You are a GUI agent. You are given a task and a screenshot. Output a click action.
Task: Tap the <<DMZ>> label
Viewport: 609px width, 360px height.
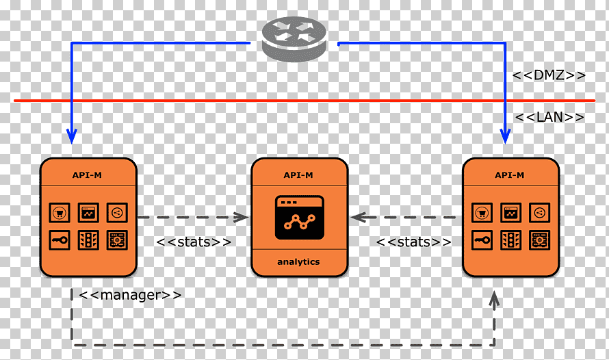coord(549,75)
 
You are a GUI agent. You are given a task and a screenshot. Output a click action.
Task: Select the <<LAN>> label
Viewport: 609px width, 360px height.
coord(549,117)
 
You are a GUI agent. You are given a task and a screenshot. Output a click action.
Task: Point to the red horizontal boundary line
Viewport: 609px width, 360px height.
coord(304,101)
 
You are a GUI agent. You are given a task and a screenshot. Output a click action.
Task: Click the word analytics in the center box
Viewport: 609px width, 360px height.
coord(298,261)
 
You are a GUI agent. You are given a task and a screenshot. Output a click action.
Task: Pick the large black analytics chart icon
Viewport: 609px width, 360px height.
coord(300,218)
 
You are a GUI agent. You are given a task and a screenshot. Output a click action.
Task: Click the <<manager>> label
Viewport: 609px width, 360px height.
coord(130,295)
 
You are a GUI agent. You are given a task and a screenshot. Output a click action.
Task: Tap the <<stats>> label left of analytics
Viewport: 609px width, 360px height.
coord(194,242)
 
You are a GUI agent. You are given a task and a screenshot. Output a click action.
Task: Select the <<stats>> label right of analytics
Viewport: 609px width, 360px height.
coord(413,242)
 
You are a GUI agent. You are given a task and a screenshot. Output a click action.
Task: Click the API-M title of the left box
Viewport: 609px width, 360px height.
coord(87,175)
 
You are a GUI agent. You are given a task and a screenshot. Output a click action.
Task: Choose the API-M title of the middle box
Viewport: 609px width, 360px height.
coord(298,175)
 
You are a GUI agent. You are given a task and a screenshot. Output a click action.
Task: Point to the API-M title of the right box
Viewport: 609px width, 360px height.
coord(510,175)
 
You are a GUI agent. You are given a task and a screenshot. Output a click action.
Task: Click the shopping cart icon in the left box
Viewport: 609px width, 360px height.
coord(60,213)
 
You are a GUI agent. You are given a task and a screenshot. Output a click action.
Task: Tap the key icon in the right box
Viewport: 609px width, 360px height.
coord(482,240)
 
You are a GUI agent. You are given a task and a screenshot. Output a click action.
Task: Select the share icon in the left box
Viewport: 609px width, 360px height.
coord(117,213)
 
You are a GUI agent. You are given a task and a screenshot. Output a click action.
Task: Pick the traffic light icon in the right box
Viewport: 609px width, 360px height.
coord(510,240)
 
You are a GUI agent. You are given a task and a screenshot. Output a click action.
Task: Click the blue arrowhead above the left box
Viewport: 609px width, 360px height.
coord(71,136)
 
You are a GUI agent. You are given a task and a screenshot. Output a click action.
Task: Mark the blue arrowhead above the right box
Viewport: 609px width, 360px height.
coord(505,136)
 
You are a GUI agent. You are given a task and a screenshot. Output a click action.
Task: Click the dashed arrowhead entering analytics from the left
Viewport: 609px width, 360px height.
coord(242,218)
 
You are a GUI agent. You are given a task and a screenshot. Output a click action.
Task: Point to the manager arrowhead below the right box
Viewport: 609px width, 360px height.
coord(494,300)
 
